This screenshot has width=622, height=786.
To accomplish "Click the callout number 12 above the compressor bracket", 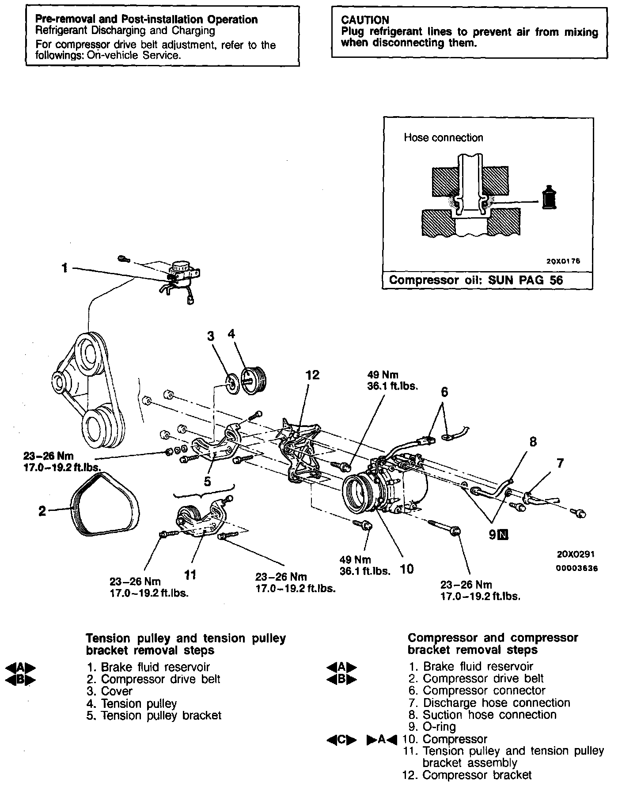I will pos(312,375).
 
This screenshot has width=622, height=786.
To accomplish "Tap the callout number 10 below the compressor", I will pos(406,569).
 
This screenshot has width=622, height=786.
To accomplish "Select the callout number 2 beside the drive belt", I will pos(42,511).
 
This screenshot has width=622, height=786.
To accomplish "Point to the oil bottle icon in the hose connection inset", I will pos(550,198).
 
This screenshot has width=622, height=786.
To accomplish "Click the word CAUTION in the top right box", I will pos(365,20).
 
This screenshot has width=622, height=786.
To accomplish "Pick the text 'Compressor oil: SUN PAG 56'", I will pos(476,280).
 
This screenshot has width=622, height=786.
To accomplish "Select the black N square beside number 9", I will pos(503,535).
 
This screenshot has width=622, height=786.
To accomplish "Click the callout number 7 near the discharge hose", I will pos(560,463).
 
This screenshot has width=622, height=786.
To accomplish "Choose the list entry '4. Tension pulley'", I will pos(132,703).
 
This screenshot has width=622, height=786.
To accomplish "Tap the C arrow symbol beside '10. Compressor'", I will pos(341,739).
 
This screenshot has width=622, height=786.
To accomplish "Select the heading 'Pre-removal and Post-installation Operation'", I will pos(146,19).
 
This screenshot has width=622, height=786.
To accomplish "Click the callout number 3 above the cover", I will pos(211,336).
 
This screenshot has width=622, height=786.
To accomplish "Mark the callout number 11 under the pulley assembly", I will pos(190,574).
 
